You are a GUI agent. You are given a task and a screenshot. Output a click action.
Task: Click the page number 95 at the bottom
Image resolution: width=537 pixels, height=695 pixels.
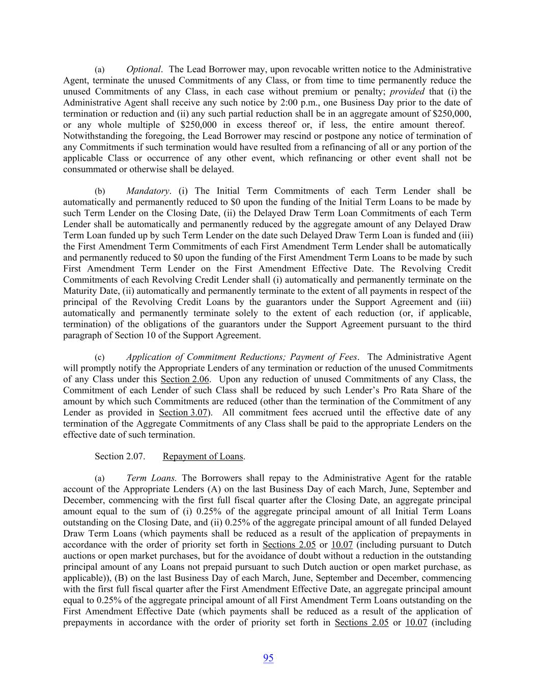pyautogui.click(x=268, y=658)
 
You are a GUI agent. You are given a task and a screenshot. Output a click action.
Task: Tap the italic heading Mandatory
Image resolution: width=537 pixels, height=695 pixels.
pyautogui.click(x=148, y=191)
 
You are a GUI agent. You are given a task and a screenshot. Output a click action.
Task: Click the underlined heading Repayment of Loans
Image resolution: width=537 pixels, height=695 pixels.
pyautogui.click(x=203, y=456)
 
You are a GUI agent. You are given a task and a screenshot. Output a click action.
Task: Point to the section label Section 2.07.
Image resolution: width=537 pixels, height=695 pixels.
pyautogui.click(x=120, y=456)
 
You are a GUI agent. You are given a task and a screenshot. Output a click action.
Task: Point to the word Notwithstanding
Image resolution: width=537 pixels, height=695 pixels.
pyautogui.click(x=93, y=136)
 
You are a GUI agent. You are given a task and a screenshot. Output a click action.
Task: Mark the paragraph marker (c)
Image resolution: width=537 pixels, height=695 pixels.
pyautogui.click(x=100, y=357)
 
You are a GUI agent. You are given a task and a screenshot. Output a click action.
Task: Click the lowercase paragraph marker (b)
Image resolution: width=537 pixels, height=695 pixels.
pyautogui.click(x=100, y=191)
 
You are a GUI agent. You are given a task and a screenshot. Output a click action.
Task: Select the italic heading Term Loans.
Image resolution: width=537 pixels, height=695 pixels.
pyautogui.click(x=151, y=478)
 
